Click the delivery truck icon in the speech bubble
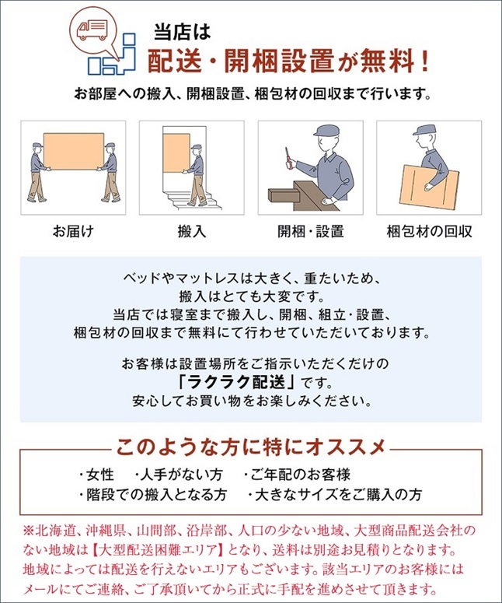click(x=92, y=30)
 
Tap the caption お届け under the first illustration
click(x=73, y=232)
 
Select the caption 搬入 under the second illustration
click(x=192, y=232)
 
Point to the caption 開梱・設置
click(x=310, y=232)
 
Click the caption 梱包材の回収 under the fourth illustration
click(x=429, y=232)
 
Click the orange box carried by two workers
click(x=74, y=151)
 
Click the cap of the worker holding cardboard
click(x=425, y=130)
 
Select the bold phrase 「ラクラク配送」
click(x=236, y=382)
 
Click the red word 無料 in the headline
click(x=387, y=61)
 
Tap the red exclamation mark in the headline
click(x=424, y=61)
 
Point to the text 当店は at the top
click(x=182, y=32)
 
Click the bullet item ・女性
click(x=96, y=475)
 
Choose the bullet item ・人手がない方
click(x=178, y=475)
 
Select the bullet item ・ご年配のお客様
click(x=297, y=475)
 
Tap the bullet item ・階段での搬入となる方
click(x=152, y=495)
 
